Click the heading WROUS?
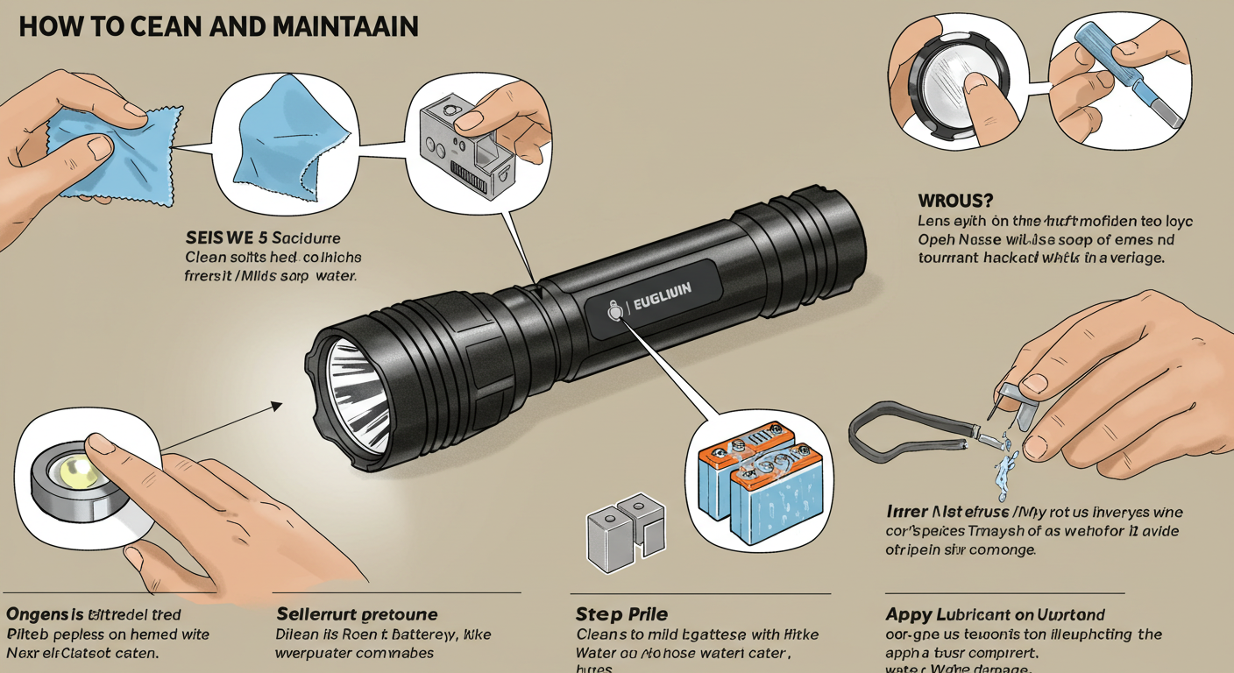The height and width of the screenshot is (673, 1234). (x=956, y=201)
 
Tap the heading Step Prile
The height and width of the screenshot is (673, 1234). (x=621, y=613)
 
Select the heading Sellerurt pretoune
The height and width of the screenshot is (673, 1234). (x=357, y=613)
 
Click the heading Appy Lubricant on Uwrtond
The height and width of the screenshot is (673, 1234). (x=995, y=613)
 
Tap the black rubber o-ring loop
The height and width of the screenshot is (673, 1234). (x=903, y=435)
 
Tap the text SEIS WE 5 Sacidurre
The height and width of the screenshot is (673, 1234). (x=263, y=237)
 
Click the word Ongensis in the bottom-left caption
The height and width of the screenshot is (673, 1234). (x=44, y=613)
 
